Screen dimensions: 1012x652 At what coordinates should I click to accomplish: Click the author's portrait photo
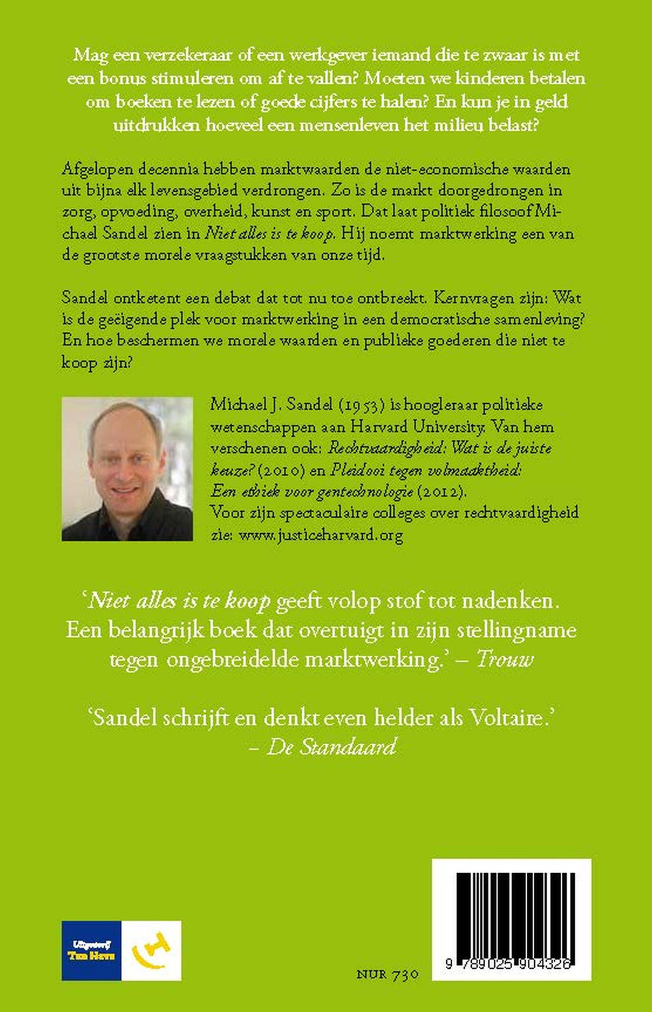(127, 469)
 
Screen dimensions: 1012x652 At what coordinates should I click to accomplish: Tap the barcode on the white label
(511, 913)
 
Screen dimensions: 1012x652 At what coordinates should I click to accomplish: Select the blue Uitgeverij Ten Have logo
(92, 951)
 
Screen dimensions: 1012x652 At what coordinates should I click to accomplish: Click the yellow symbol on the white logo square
(151, 951)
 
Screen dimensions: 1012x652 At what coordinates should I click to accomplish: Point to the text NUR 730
(387, 974)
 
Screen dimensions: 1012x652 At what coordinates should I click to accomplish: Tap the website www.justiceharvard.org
(320, 535)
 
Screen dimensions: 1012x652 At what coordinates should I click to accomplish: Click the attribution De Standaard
(331, 746)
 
